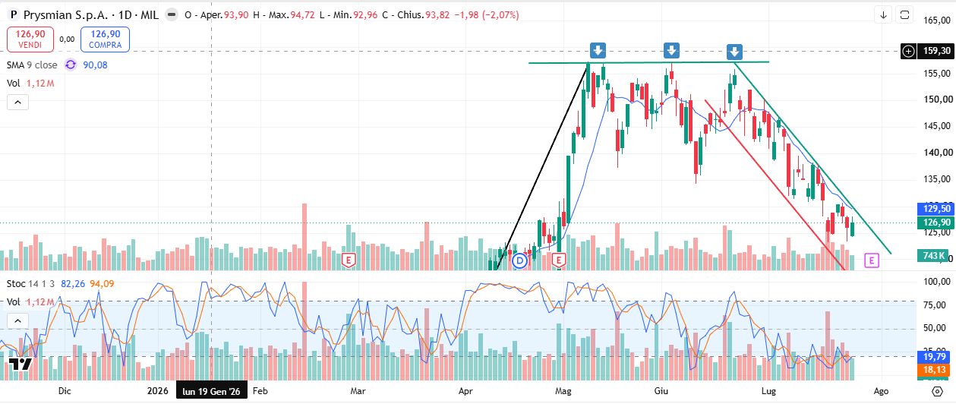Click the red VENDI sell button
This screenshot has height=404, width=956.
pyautogui.click(x=30, y=39)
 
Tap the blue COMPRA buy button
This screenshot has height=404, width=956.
pyautogui.click(x=105, y=39)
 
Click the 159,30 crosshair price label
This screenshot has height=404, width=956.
pyautogui.click(x=936, y=51)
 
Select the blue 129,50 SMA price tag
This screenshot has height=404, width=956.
pyautogui.click(x=936, y=209)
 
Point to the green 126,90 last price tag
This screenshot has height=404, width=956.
pyautogui.click(x=936, y=223)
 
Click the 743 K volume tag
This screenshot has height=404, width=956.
pyautogui.click(x=933, y=256)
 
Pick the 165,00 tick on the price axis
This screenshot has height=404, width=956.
pyautogui.click(x=937, y=21)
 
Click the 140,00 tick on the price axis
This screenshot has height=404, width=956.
pyautogui.click(x=937, y=153)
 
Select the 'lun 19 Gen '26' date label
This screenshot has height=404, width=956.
pyautogui.click(x=211, y=391)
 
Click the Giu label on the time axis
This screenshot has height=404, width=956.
pyautogui.click(x=661, y=391)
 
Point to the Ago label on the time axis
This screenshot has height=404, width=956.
pyautogui.click(x=882, y=391)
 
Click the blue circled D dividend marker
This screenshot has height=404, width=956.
pyautogui.click(x=519, y=260)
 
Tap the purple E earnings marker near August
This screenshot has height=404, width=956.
pyautogui.click(x=872, y=260)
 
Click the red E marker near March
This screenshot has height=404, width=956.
pyautogui.click(x=349, y=260)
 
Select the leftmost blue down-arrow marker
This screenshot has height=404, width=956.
pyautogui.click(x=598, y=51)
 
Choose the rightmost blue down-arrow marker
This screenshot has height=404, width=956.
pyautogui.click(x=734, y=52)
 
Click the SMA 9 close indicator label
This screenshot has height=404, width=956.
pyautogui.click(x=32, y=65)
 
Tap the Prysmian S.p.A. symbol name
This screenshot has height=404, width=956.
pyautogui.click(x=66, y=15)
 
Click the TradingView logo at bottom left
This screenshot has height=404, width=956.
pyautogui.click(x=20, y=365)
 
